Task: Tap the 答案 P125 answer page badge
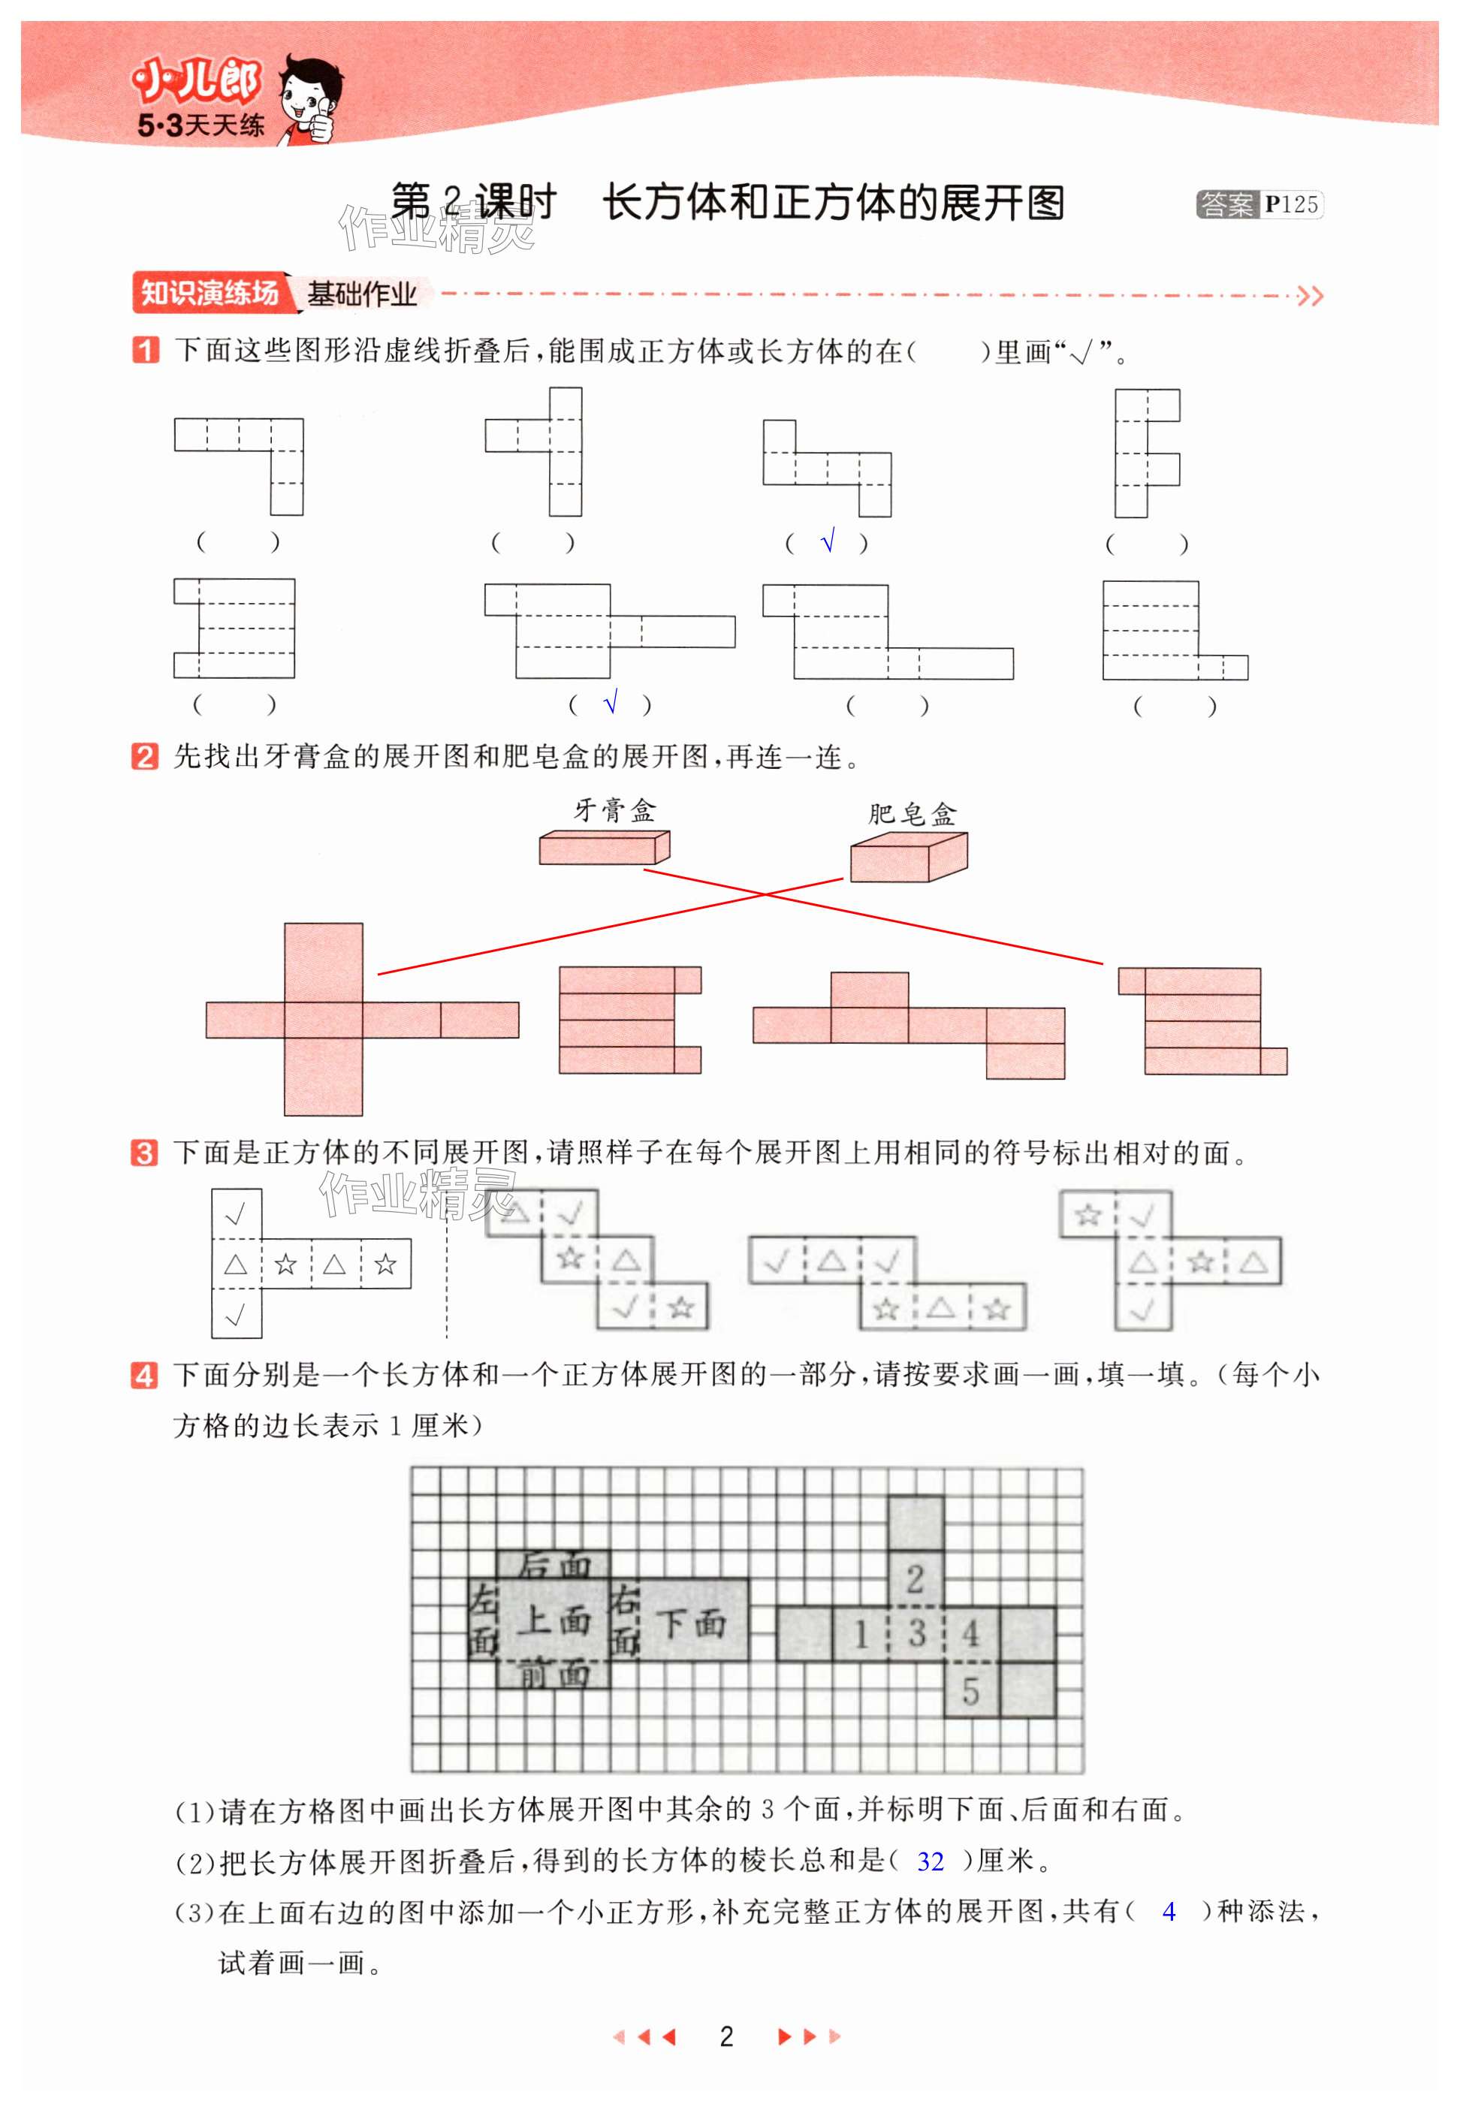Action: point(1258,205)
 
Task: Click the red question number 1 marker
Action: point(144,351)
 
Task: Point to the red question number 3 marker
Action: point(144,1153)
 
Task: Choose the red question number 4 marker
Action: point(144,1376)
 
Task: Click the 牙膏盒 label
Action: point(614,810)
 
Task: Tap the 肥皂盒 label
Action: point(911,813)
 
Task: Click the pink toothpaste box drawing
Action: point(604,847)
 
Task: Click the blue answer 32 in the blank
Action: point(930,1862)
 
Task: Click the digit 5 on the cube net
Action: point(970,1691)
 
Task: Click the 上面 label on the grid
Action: point(554,1620)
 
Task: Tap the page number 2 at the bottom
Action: point(726,2037)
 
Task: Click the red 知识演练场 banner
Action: point(210,293)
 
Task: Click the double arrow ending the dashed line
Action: point(1310,295)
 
